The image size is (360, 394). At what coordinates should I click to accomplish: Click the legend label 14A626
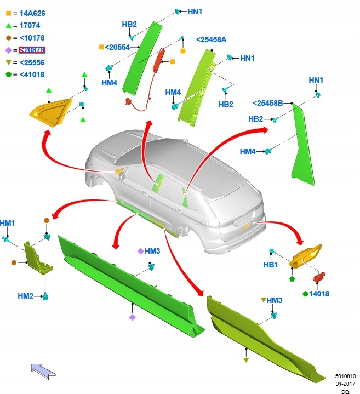(32, 13)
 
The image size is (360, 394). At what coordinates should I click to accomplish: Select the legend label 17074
(30, 25)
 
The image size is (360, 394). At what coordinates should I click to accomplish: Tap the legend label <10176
(32, 38)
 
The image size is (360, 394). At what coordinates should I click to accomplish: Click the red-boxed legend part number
(32, 50)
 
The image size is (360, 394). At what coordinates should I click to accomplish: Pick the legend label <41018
(32, 75)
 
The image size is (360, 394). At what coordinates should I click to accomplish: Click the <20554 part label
(117, 48)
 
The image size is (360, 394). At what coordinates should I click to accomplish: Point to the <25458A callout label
(211, 39)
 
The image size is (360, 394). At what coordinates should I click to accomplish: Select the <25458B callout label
(267, 103)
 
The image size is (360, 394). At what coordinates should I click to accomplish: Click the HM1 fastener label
(8, 223)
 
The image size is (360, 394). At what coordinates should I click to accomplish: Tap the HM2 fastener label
(26, 296)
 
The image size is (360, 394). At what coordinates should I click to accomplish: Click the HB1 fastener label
(271, 265)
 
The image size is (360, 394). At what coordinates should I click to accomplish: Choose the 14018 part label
(319, 294)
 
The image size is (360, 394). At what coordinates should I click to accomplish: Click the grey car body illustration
(181, 186)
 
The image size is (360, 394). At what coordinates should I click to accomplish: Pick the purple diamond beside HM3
(140, 251)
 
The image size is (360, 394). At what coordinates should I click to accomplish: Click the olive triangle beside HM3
(264, 300)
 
